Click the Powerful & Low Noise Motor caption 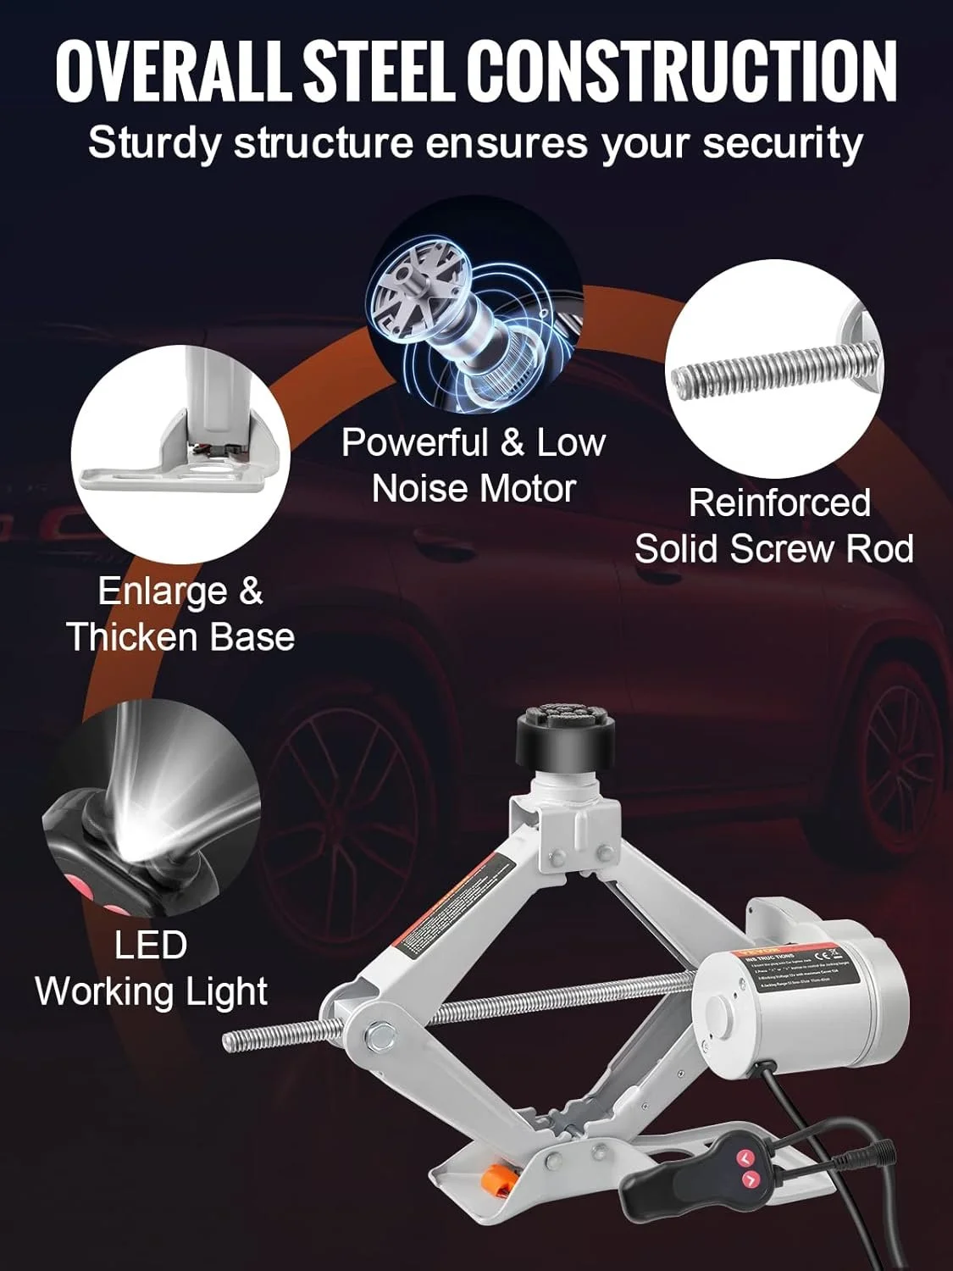coord(474,465)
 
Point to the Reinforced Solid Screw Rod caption coord(774,525)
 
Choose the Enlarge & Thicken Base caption coord(180,613)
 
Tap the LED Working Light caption coord(152,968)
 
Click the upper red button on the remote coord(745,1156)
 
